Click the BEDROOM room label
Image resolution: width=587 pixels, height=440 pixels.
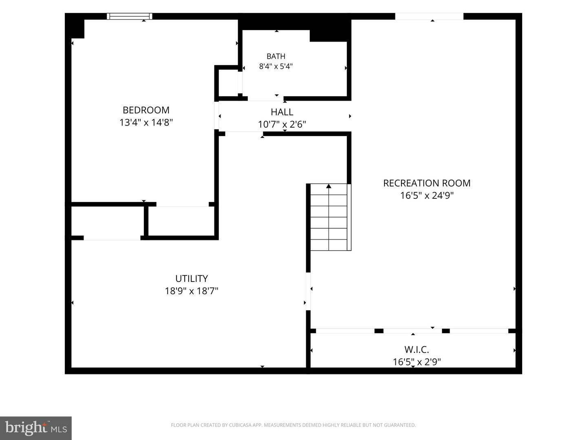click(x=146, y=110)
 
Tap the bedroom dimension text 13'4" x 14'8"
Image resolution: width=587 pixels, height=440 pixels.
click(x=146, y=122)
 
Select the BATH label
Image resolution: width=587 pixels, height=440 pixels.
click(x=276, y=56)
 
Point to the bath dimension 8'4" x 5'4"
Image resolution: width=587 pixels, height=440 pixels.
click(x=276, y=66)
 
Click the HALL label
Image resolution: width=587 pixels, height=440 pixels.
click(x=282, y=112)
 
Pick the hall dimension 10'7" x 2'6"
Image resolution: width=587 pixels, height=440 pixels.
click(x=282, y=124)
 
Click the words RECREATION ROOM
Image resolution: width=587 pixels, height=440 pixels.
click(x=427, y=183)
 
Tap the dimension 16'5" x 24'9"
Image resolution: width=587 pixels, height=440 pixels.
click(x=427, y=196)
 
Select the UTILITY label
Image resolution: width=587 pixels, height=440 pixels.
click(x=192, y=279)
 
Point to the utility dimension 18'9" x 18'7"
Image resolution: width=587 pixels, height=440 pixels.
click(x=192, y=291)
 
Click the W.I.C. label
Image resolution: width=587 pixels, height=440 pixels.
click(x=417, y=350)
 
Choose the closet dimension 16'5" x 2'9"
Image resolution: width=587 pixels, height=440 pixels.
click(x=417, y=362)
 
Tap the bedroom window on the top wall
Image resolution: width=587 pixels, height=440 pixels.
click(x=130, y=16)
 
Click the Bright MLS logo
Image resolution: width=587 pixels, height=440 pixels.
click(x=36, y=428)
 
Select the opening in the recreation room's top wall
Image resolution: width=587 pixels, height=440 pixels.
click(x=429, y=16)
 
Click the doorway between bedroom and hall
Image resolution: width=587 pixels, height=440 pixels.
click(x=216, y=115)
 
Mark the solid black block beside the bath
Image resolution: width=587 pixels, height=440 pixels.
click(x=331, y=31)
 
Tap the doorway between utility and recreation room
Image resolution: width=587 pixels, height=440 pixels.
click(x=308, y=291)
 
